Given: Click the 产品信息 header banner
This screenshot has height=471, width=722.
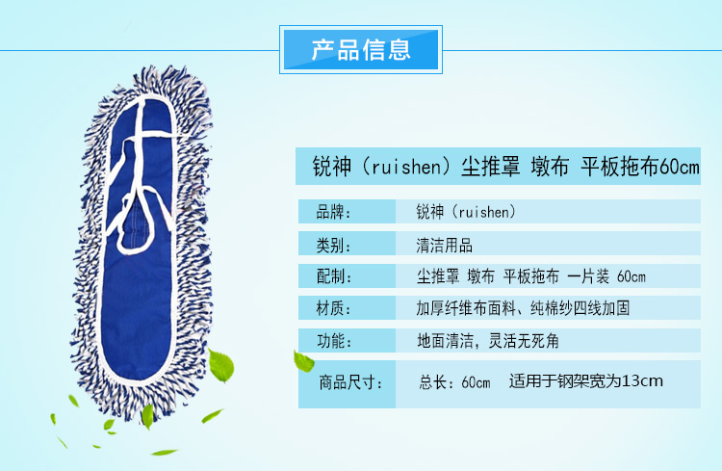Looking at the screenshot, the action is click(361, 49).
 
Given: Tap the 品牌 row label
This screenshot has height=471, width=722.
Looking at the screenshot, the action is click(333, 212).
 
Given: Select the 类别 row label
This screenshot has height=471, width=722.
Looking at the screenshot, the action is click(333, 245).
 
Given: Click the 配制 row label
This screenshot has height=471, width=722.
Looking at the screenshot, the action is click(333, 276).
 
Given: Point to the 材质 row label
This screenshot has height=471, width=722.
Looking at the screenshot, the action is click(333, 308).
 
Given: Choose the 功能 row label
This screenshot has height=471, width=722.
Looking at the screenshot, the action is click(333, 341).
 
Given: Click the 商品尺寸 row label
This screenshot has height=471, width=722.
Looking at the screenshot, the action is click(350, 382).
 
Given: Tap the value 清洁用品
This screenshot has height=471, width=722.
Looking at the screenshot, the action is click(445, 245).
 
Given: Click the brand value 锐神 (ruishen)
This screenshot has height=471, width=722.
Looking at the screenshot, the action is click(466, 212).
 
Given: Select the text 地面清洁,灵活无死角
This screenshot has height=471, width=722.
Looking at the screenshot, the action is click(488, 341).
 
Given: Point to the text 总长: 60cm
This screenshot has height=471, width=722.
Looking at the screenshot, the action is click(454, 382).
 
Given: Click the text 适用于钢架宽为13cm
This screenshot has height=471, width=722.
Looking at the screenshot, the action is click(585, 381).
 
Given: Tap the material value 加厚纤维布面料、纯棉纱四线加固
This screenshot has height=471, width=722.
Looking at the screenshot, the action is click(523, 308).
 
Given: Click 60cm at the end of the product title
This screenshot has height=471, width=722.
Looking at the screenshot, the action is click(679, 167).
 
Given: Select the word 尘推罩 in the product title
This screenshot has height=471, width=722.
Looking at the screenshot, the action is click(490, 167).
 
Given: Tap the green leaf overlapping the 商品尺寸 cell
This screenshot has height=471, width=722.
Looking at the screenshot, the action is click(303, 361).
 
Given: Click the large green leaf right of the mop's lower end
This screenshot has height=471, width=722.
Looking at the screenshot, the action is click(221, 365).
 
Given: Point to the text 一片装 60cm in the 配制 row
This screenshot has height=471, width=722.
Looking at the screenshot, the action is click(606, 276).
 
